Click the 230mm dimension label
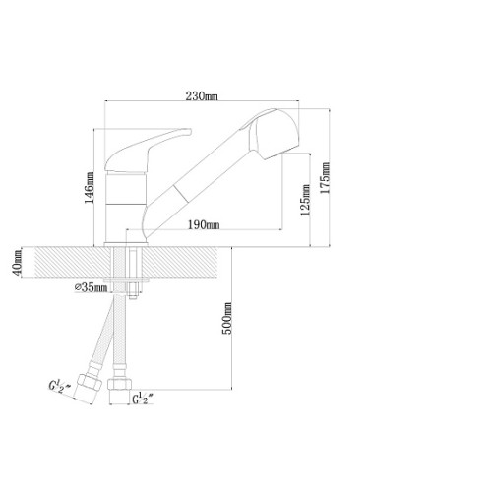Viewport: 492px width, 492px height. coord(202,96)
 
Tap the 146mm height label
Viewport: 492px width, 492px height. coord(90,187)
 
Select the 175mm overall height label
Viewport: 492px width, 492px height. coord(325,178)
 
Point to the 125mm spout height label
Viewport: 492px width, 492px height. coord(305,200)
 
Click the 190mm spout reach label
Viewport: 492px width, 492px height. coord(204,225)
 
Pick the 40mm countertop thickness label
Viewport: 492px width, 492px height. coord(18,263)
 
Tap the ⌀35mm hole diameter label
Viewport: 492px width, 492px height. coord(92,287)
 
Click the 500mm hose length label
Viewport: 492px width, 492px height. coord(227,318)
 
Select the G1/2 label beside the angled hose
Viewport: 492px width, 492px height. coord(59,386)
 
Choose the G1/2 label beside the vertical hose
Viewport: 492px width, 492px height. coord(143,399)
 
